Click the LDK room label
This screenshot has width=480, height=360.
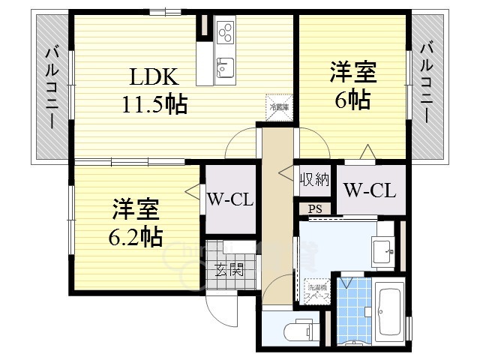[x=154, y=76]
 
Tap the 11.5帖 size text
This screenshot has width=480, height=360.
[x=154, y=103]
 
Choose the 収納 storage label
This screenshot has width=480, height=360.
[x=315, y=179]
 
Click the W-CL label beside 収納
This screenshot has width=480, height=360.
[x=370, y=190]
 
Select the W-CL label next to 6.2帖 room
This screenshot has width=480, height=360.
[x=229, y=199]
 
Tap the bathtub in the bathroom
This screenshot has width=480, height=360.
[x=388, y=312]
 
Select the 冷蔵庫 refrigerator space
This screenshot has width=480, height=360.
[x=276, y=105]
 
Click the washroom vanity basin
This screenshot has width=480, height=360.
[x=383, y=249]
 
